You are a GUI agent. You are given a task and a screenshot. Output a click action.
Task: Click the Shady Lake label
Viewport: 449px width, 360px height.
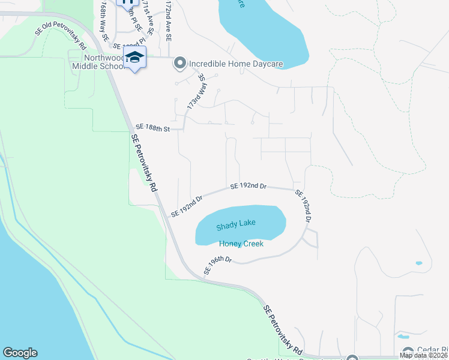point(236,223)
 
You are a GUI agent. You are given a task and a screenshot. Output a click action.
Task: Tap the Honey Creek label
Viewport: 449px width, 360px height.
point(241,244)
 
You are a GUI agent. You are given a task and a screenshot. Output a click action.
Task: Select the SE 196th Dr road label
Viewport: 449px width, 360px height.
point(217,265)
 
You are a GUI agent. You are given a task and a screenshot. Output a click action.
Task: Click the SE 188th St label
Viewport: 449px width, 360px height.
point(153,128)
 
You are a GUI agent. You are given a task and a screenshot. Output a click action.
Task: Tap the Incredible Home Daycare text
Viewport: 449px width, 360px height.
point(236,63)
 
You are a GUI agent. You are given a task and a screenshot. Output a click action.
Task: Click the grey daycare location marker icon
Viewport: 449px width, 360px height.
point(179,62)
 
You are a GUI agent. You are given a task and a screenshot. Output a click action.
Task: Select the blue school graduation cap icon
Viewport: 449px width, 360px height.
point(136,58)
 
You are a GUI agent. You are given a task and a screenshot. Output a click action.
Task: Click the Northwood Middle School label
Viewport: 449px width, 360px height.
point(96,62)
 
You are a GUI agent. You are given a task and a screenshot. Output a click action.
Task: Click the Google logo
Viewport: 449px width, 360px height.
point(20,353)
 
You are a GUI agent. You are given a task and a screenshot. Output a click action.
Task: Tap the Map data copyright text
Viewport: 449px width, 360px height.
point(423,355)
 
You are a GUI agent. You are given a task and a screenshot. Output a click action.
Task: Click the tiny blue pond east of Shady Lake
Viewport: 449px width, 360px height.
point(418,263)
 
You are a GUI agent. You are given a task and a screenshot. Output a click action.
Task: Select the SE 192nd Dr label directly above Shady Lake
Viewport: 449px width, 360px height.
point(248,187)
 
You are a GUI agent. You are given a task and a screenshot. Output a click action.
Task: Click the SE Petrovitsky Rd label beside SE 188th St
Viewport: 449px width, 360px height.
point(145,161)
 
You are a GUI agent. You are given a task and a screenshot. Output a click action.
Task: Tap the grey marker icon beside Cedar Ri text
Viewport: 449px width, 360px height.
point(408,352)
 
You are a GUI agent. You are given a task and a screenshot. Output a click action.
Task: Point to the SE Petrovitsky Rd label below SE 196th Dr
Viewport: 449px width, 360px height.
point(283,329)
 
